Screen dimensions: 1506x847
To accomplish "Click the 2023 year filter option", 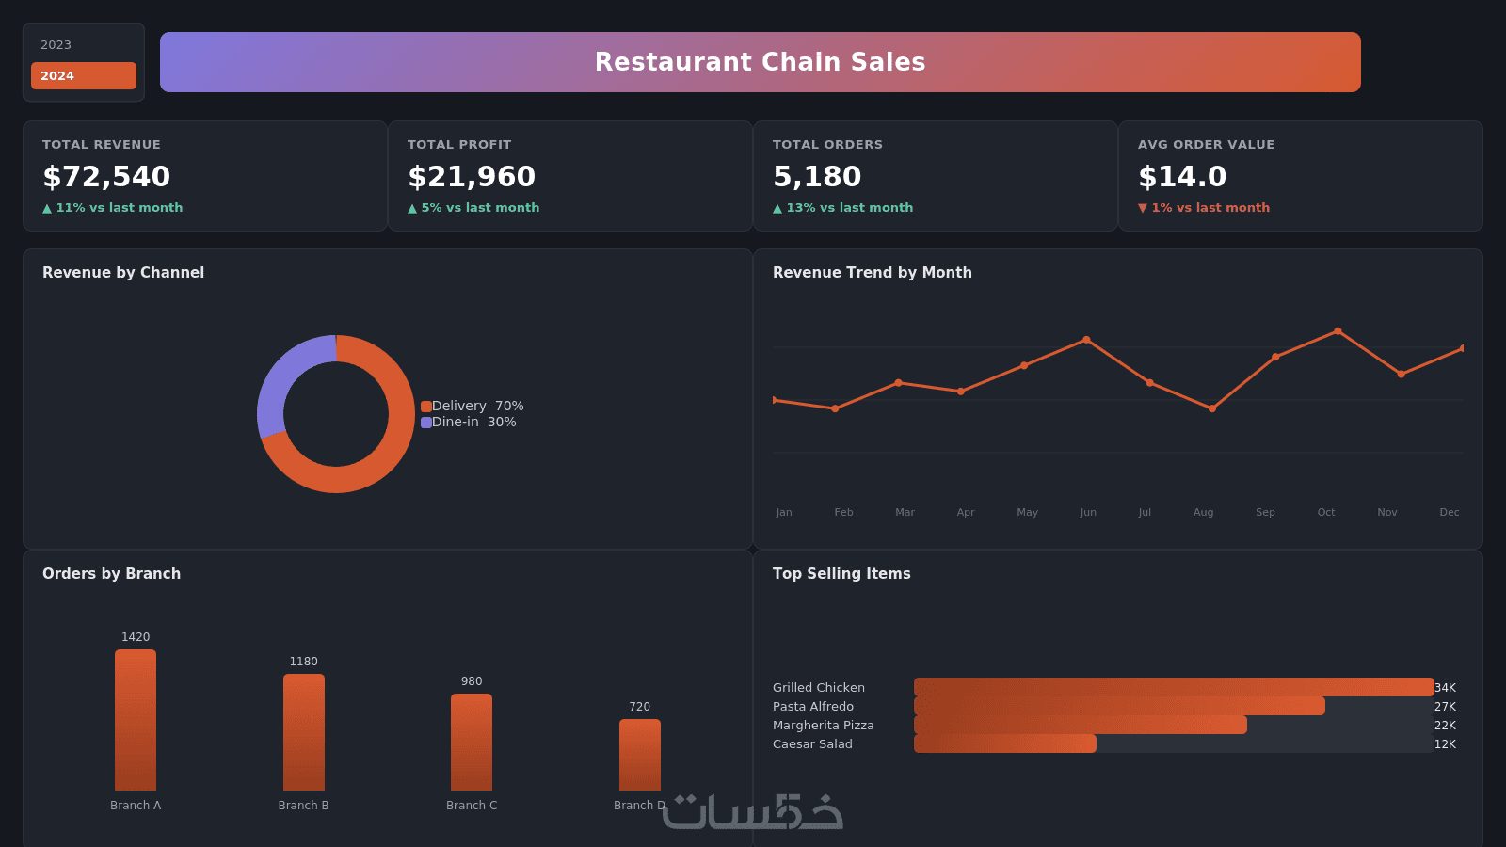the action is [x=56, y=45].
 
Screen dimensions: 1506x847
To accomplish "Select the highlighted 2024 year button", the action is [x=84, y=76].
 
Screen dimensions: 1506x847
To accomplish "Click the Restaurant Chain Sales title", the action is [x=760, y=62].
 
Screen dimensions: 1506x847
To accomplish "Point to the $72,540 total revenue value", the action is [x=106, y=176].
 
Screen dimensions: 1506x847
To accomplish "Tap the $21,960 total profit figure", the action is [x=472, y=176].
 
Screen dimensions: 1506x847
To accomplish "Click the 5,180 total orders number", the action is [x=817, y=176].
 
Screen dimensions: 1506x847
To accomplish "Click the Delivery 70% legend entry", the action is [x=472, y=406].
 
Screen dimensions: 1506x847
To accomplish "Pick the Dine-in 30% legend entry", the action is [x=469, y=423].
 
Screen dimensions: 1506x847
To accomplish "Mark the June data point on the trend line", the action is [x=1086, y=340].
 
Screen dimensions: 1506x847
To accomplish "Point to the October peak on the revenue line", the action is [x=1338, y=331].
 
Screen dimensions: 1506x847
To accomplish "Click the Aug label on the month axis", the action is [x=1204, y=512].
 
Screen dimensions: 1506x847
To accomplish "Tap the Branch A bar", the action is [x=136, y=720].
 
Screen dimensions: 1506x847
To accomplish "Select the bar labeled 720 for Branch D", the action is [x=639, y=755].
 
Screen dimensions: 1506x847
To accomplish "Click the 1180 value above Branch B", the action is [x=303, y=662].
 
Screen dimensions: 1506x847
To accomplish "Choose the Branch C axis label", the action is [x=472, y=806].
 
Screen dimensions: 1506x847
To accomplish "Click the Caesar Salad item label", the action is [x=812, y=744].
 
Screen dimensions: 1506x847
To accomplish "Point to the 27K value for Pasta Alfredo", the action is [x=1445, y=707].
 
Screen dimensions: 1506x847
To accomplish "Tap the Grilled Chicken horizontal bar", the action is [x=1174, y=687].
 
